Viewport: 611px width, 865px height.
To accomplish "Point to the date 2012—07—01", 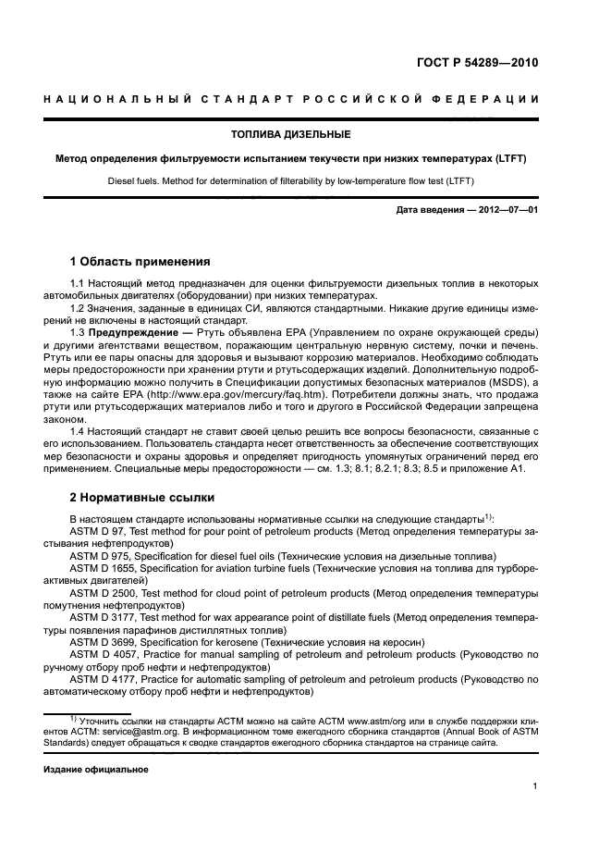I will (x=508, y=210).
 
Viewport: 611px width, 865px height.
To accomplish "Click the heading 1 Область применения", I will (x=141, y=262).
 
